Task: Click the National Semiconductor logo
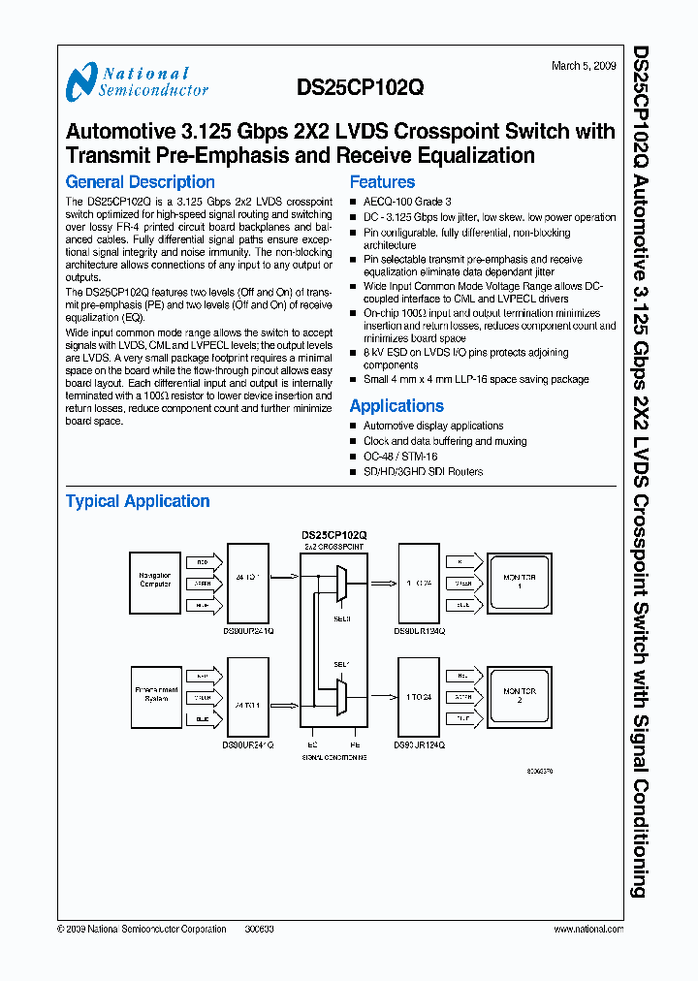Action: tap(137, 82)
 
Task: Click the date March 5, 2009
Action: tap(582, 66)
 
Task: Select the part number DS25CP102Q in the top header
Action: tap(360, 86)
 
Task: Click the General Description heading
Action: tap(140, 181)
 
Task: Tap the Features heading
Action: tap(382, 181)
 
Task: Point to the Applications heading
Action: tap(397, 406)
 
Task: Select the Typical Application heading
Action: tap(138, 501)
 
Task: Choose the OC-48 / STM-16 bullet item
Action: tap(399, 457)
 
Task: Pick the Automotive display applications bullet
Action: tap(432, 426)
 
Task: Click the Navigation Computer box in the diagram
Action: tap(155, 580)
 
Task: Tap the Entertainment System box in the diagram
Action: tap(155, 694)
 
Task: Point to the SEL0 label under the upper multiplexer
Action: tap(340, 617)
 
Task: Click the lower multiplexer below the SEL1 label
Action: tap(340, 695)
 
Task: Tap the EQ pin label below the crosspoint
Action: tap(312, 744)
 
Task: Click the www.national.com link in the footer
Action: tap(587, 929)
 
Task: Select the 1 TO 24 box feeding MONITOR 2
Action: tap(420, 696)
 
